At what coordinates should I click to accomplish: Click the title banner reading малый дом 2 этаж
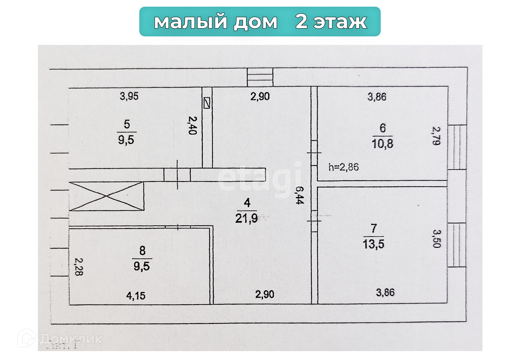coord(260,22)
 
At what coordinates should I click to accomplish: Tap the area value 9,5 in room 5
coord(126,140)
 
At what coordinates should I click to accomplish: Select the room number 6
coord(383,128)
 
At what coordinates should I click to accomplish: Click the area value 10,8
coord(383,144)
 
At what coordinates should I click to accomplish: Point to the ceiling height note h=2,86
coord(344,167)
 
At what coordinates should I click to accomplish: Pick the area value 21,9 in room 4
coord(246,218)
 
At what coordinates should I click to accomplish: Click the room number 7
coord(374,228)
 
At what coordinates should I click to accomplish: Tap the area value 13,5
coord(374,244)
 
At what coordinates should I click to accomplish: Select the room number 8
coord(142,251)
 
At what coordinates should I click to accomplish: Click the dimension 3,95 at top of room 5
coord(129,96)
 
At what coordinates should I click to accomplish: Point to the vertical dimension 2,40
coord(192,125)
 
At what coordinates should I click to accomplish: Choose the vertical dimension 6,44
coord(299,195)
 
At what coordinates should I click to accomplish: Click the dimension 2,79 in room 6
coord(436,136)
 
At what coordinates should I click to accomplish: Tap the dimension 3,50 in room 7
coord(437,239)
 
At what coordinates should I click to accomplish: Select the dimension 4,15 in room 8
coord(136,296)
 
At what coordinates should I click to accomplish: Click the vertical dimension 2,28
coord(79,267)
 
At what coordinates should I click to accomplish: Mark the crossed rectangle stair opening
coord(107,196)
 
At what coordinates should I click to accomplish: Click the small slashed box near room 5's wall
coord(207,103)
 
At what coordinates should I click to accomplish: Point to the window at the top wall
coord(260,77)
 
